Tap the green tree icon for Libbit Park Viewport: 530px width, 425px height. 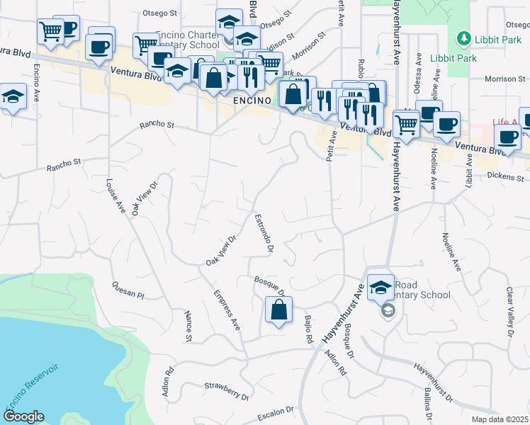[x=463, y=37]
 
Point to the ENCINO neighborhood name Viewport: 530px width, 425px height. [x=252, y=101]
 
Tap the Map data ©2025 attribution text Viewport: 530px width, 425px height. [x=500, y=419]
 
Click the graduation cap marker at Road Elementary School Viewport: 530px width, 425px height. [x=380, y=287]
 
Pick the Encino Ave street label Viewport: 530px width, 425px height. [x=36, y=83]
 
